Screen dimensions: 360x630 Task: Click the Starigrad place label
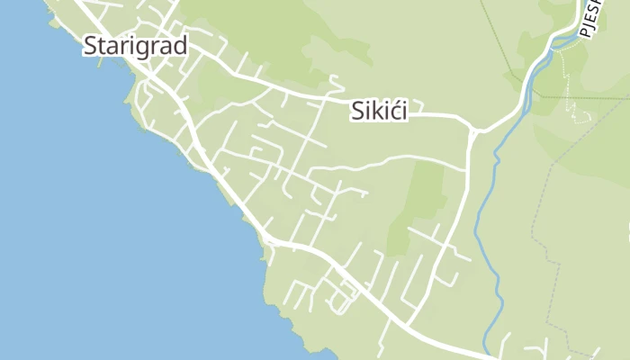(135, 46)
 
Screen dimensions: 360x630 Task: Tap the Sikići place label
(378, 111)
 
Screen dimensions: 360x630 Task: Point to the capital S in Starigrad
(91, 46)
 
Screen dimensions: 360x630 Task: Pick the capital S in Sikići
(355, 111)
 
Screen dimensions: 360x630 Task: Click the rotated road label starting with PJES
(591, 20)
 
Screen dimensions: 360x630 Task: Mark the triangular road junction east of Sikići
(473, 131)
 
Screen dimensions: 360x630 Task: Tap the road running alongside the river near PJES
(540, 63)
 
